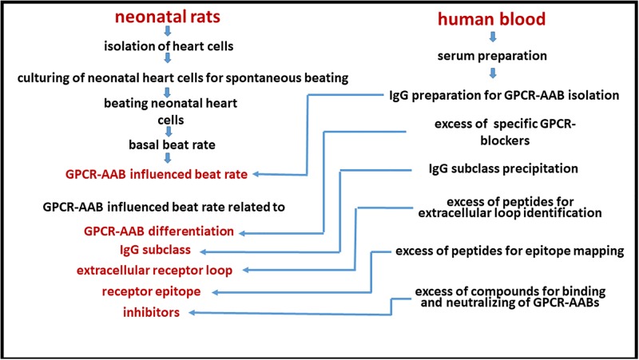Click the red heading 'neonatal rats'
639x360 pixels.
click(168, 17)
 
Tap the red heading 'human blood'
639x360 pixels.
click(491, 19)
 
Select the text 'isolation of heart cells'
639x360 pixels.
click(169, 46)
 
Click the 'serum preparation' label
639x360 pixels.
click(492, 56)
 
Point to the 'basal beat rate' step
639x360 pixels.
click(172, 144)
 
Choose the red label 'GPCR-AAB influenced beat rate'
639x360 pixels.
click(157, 174)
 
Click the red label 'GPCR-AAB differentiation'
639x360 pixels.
click(159, 231)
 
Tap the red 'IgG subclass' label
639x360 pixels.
click(155, 250)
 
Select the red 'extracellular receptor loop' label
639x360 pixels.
click(154, 270)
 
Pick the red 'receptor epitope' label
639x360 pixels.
click(151, 291)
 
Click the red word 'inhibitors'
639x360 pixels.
click(151, 312)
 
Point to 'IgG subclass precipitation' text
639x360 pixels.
click(503, 168)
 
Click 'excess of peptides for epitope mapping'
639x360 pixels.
click(510, 251)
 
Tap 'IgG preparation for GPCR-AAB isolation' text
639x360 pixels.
click(505, 95)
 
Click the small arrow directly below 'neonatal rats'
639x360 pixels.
click(168, 31)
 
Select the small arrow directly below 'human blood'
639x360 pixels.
click(493, 37)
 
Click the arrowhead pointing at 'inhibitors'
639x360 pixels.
click(192, 313)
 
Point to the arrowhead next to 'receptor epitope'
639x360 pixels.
click(216, 292)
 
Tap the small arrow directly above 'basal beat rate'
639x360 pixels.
click(169, 131)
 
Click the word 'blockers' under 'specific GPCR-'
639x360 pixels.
click(505, 140)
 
